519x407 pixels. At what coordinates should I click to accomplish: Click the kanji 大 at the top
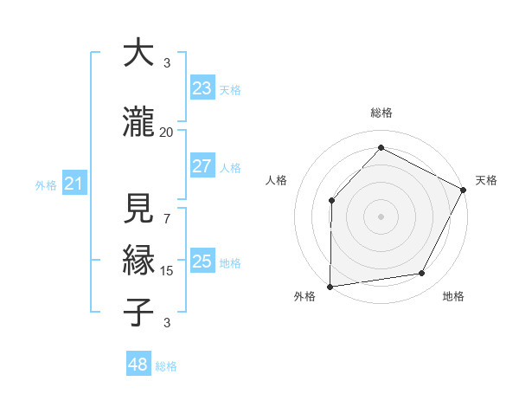(138, 54)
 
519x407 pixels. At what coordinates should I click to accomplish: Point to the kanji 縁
(138, 260)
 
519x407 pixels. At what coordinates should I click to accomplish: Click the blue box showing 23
(202, 88)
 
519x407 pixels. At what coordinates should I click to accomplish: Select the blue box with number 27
(202, 167)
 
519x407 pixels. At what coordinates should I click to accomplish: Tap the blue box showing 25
(202, 262)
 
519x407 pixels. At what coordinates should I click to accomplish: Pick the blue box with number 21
(74, 184)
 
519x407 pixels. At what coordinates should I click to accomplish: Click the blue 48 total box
(138, 365)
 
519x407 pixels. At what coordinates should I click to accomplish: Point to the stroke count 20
(166, 132)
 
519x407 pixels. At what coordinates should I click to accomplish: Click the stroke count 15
(166, 270)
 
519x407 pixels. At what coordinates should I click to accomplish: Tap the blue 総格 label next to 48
(166, 366)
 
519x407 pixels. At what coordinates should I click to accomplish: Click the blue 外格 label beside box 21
(45, 185)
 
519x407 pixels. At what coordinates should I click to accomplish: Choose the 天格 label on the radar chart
(486, 180)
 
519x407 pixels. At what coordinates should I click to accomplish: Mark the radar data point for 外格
(330, 287)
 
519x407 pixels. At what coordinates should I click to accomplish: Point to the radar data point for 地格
(422, 274)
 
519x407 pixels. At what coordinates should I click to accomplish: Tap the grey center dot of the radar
(381, 216)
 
